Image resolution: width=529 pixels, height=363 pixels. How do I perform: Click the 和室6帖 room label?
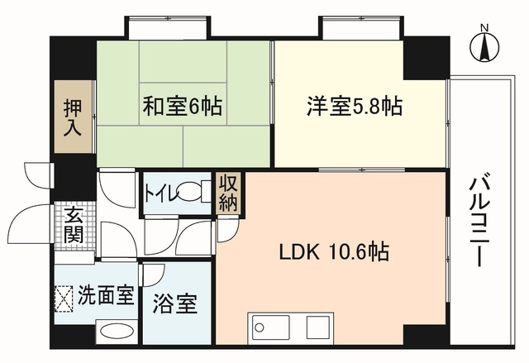click(x=182, y=106)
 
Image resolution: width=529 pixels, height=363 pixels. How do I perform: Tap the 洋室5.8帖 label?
click(x=355, y=106)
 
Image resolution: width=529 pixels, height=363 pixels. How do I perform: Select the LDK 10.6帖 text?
click(x=334, y=251)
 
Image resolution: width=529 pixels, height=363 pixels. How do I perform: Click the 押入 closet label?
click(x=73, y=117)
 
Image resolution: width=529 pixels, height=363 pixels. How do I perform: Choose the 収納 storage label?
click(x=228, y=193)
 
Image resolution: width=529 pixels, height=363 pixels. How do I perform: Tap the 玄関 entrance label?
click(x=74, y=226)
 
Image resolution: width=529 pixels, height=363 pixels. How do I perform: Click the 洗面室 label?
click(x=106, y=295)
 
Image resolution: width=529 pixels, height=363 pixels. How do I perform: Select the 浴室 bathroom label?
click(x=175, y=303)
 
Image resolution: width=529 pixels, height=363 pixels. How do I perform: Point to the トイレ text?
click(x=161, y=193)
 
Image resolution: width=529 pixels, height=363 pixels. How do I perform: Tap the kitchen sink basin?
click(x=269, y=327)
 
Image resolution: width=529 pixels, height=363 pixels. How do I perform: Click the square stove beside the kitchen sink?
click(x=317, y=327)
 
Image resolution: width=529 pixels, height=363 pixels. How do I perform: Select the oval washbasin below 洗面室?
click(x=117, y=332)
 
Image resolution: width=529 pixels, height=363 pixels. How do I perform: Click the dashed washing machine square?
click(x=64, y=299)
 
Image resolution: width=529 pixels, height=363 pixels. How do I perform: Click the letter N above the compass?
click(x=485, y=27)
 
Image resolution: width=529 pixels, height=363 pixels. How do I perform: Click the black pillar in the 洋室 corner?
click(x=427, y=58)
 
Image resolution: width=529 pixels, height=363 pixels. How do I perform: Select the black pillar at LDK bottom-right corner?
click(x=427, y=335)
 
